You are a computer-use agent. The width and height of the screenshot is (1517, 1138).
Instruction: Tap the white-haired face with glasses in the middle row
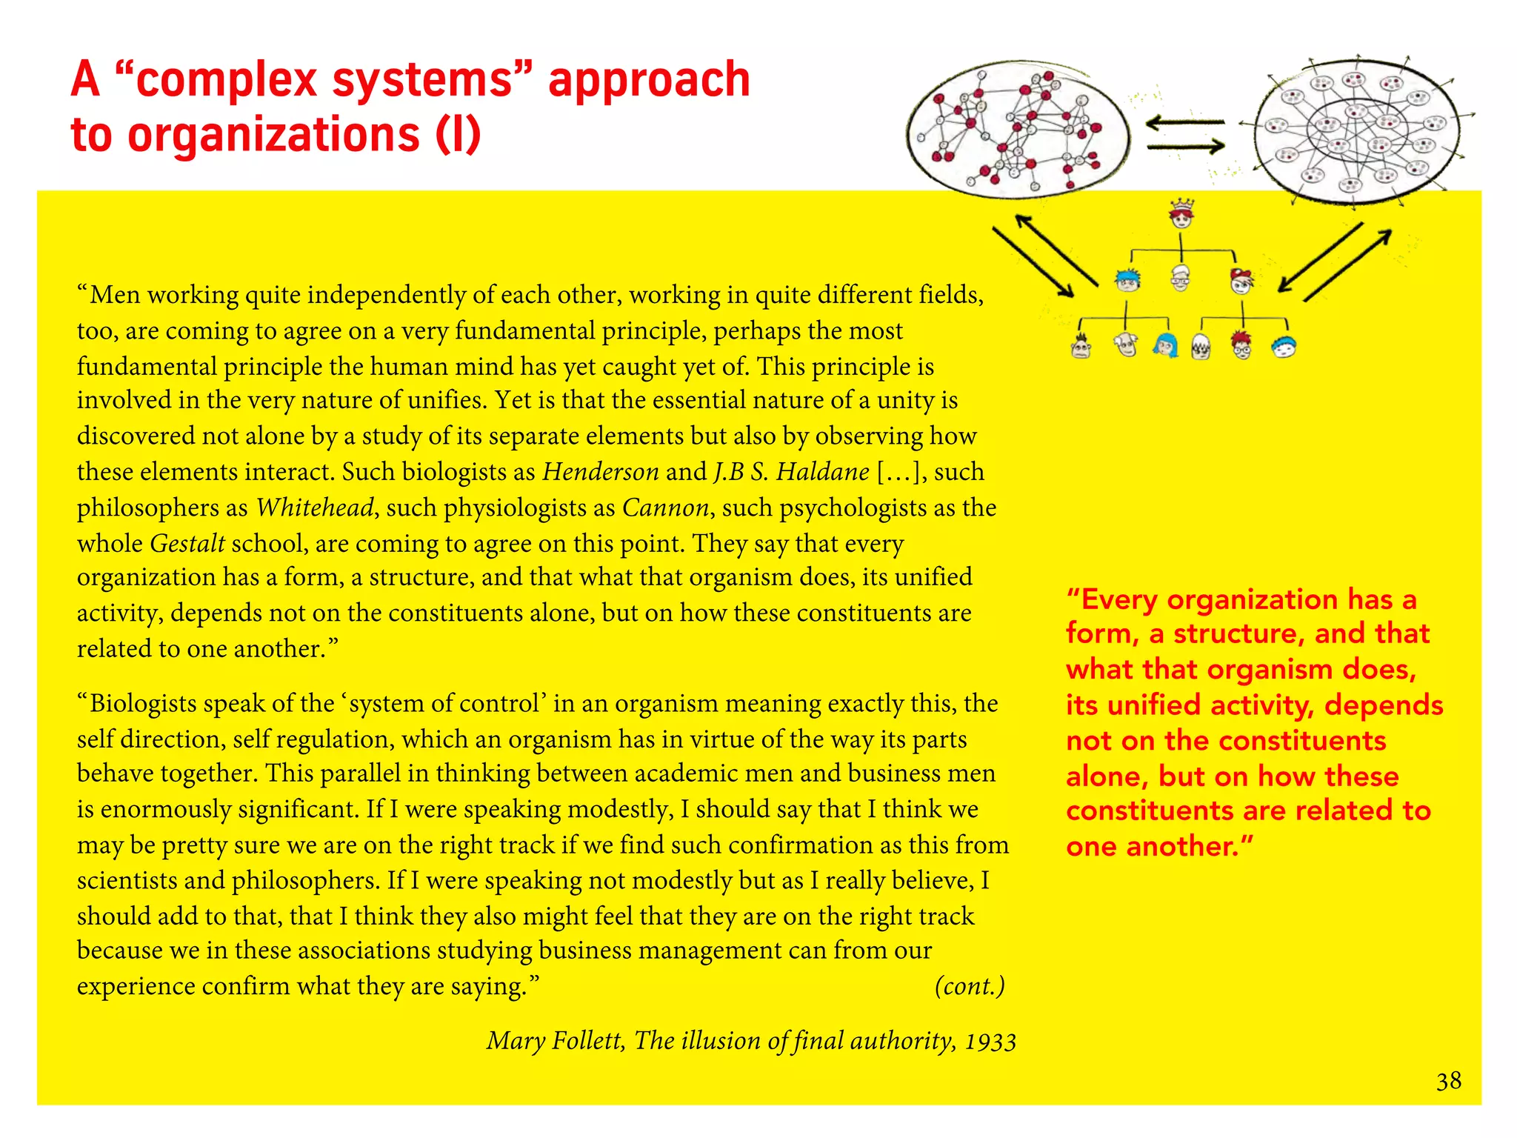1181,279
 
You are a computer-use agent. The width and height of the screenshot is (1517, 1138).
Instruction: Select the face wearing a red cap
1241,280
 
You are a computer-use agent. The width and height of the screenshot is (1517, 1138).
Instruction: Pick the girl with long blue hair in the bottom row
1166,345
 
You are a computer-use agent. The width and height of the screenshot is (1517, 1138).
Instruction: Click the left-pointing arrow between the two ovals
1185,123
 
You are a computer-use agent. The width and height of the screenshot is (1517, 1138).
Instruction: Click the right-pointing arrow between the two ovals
1186,147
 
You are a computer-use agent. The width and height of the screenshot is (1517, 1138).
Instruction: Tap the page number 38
1449,1081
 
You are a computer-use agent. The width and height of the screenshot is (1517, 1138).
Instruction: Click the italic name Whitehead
315,508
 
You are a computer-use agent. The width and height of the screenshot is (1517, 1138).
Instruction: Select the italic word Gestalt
187,543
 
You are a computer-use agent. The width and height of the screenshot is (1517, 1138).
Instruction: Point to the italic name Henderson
601,472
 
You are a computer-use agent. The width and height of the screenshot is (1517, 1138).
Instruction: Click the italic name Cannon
665,508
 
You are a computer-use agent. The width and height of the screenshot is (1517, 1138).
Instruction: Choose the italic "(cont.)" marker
970,986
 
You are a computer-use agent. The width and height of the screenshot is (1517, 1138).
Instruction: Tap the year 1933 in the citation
990,1042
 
